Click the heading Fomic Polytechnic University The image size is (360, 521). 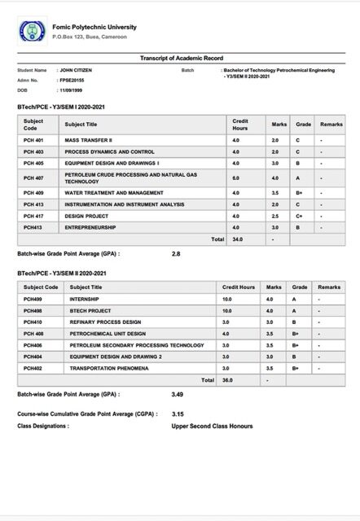click(x=94, y=27)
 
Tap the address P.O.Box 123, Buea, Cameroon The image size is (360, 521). click(x=90, y=37)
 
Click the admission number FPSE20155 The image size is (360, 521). click(x=72, y=81)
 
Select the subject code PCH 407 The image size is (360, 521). click(x=33, y=177)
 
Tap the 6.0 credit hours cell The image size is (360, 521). click(x=236, y=177)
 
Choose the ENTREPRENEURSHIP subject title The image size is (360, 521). click(x=90, y=227)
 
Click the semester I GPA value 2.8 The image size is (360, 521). click(x=176, y=254)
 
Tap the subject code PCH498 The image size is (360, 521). click(x=33, y=310)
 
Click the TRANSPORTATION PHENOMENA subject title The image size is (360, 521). click(x=109, y=368)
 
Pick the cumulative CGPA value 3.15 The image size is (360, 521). click(x=178, y=414)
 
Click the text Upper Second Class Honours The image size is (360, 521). click(x=212, y=426)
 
